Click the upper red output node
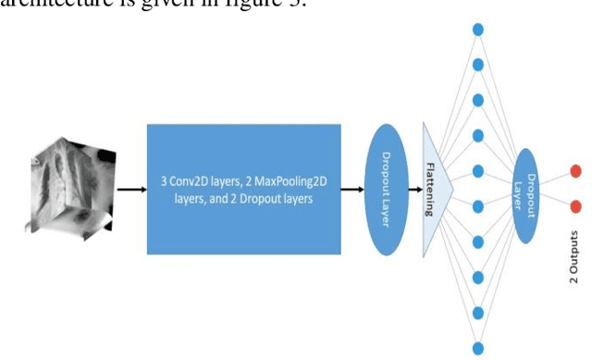(575, 171)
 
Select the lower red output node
(575, 206)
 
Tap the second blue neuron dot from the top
(478, 65)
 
